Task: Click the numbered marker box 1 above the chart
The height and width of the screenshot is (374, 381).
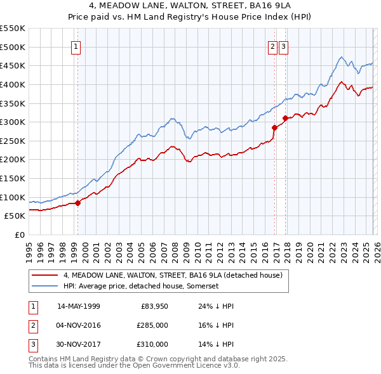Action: [x=76, y=46]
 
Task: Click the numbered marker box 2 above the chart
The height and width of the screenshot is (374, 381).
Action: [x=272, y=46]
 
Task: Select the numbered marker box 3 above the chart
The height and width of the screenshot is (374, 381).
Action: [x=283, y=46]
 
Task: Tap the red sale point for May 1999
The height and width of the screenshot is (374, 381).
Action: [x=78, y=203]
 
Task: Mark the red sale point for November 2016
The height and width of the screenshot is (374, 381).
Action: [x=274, y=127]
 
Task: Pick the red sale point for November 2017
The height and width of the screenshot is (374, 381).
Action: [x=286, y=118]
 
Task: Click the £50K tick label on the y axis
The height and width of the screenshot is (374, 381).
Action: [x=15, y=216]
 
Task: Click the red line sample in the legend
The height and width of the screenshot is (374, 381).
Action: [x=45, y=275]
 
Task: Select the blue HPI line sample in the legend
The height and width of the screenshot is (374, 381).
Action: [x=45, y=287]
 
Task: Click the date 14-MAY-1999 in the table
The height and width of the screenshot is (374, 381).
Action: [x=78, y=306]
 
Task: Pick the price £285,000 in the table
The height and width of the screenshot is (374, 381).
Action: [x=152, y=325]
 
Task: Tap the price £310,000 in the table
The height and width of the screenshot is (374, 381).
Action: [x=152, y=344]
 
